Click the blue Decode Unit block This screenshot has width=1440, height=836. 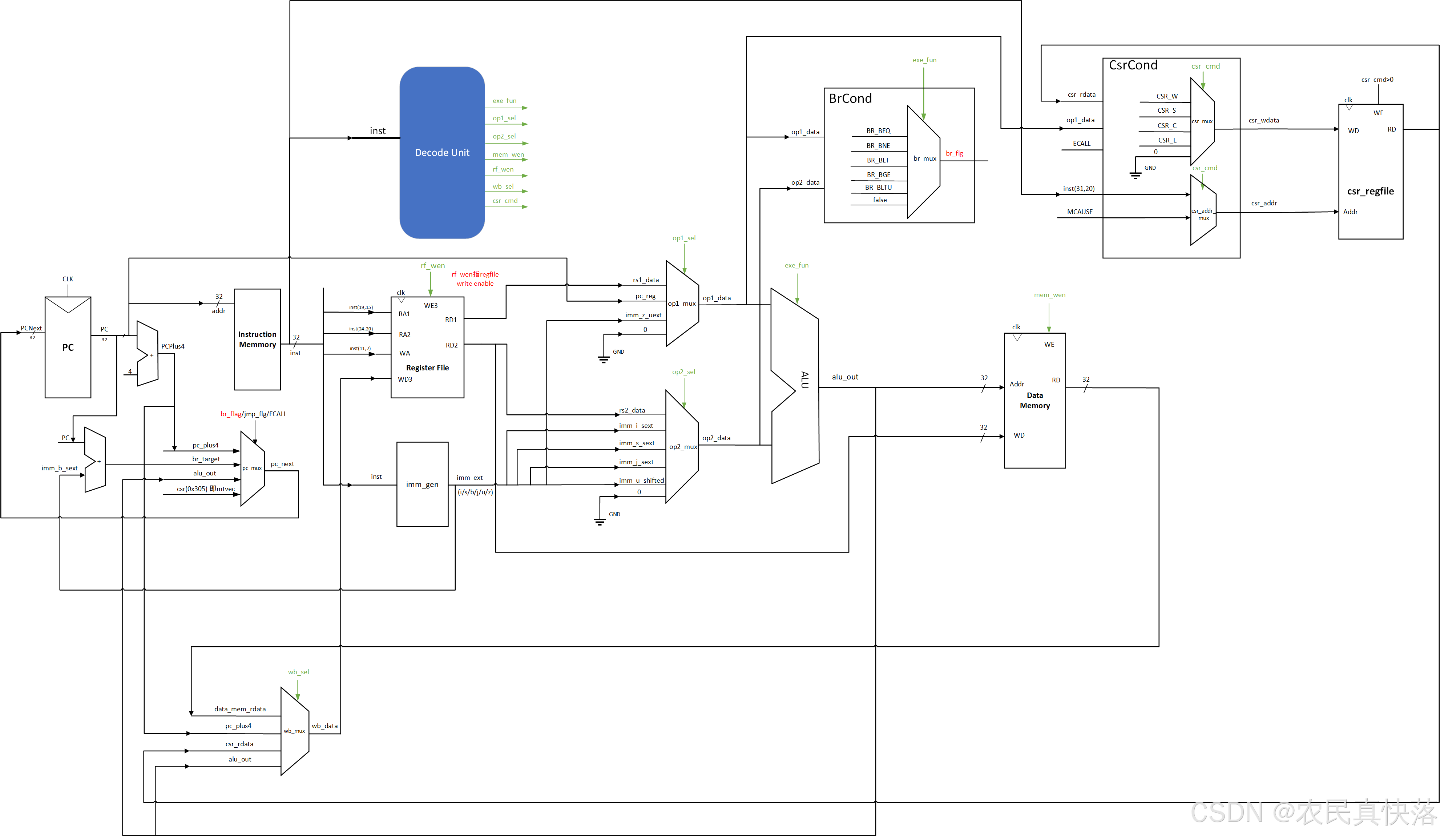[442, 153]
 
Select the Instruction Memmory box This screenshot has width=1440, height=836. [257, 339]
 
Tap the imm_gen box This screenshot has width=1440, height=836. [422, 484]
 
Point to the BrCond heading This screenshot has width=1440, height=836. [850, 98]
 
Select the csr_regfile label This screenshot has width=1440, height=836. [1370, 192]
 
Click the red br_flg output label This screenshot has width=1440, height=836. [954, 153]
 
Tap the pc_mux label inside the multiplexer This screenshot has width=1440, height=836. [252, 468]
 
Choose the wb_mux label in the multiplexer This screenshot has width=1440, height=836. [294, 731]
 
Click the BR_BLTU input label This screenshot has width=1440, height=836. [878, 188]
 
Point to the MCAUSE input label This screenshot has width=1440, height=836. [1080, 212]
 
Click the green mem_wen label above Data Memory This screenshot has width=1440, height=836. [1049, 295]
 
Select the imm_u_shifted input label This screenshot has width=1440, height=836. [641, 481]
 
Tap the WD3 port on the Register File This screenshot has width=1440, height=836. [404, 379]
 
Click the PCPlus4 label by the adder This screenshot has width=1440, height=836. [173, 346]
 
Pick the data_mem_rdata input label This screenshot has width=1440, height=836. [240, 709]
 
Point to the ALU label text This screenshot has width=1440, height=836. [804, 379]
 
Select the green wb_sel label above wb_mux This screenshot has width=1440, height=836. [298, 672]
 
